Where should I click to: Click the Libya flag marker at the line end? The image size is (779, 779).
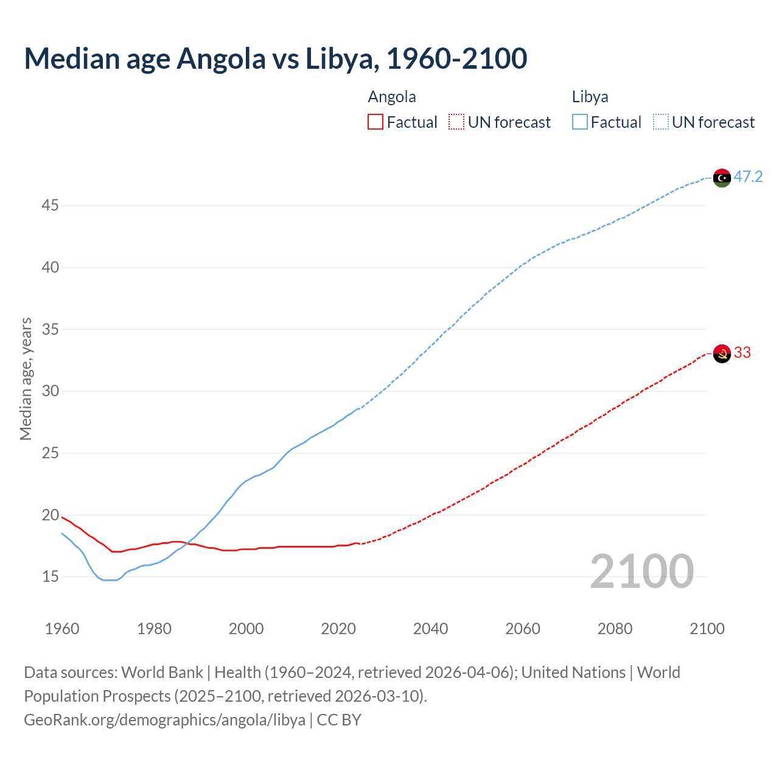(x=721, y=178)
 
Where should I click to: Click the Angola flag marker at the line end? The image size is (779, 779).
(x=721, y=354)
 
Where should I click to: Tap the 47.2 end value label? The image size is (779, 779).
(x=748, y=177)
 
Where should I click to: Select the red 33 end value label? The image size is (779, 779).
(x=742, y=353)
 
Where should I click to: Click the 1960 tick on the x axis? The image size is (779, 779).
(x=62, y=629)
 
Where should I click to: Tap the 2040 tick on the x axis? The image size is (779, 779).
(x=430, y=629)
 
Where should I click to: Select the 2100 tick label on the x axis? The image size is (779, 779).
(x=707, y=629)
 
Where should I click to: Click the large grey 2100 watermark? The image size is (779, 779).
(x=641, y=571)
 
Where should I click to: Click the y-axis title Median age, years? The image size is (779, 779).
(x=26, y=379)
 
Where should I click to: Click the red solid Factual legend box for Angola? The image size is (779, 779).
(x=376, y=122)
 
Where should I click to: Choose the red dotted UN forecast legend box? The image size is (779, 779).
(x=456, y=122)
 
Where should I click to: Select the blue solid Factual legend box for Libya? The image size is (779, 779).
(x=579, y=122)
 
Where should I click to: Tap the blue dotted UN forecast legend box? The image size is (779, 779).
(x=660, y=122)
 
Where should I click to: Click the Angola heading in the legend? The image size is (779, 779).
(x=392, y=97)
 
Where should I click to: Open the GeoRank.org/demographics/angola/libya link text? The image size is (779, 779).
(x=164, y=720)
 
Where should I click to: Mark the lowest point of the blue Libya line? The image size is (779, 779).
(x=110, y=580)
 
